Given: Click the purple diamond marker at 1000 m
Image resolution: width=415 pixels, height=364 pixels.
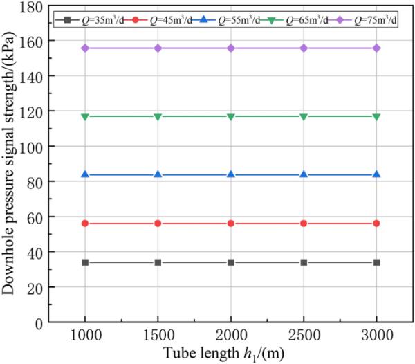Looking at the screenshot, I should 85,48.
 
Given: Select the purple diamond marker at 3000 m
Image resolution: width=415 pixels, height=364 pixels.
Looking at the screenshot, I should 376,48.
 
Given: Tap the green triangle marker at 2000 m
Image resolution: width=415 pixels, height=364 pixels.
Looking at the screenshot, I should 230,117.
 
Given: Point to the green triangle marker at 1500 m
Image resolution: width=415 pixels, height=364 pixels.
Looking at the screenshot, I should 158,117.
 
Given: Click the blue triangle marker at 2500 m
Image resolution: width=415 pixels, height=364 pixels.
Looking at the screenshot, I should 304,174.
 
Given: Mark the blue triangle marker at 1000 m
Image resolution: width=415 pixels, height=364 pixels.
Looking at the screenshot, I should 85,174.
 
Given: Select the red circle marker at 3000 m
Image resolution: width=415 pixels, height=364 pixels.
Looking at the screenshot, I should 376,224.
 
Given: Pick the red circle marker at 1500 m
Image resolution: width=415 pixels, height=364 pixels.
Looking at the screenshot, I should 158,224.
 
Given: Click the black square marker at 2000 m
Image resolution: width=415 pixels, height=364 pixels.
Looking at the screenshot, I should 230,262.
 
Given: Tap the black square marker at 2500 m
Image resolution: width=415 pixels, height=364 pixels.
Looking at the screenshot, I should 304,262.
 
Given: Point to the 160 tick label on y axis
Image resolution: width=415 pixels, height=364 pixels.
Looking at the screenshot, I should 35,40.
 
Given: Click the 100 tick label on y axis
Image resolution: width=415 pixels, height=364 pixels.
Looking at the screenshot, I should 35,146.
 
